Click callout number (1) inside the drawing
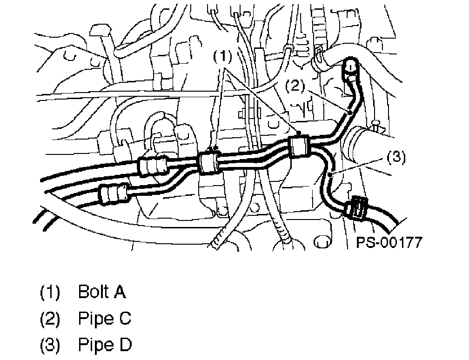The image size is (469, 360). tap(222, 57)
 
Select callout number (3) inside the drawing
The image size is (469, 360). tap(395, 157)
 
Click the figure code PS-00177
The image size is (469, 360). tap(389, 242)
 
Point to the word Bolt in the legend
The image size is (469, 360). tap(93, 292)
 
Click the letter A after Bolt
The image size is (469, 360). tap(120, 292)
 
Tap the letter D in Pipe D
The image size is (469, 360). tap(125, 345)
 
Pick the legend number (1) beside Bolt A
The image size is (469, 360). tap(50, 293)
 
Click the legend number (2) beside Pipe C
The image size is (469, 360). tap(50, 319)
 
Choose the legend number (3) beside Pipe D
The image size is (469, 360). tap(50, 346)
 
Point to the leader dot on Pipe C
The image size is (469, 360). tap(349, 112)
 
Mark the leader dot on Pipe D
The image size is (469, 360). tap(329, 174)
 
